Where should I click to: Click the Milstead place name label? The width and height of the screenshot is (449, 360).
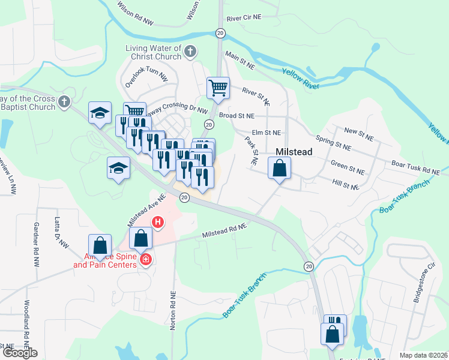coord(294,152)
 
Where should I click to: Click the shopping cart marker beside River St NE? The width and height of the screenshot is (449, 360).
coord(218,88)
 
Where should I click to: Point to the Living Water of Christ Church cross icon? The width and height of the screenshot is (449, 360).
coord(190,52)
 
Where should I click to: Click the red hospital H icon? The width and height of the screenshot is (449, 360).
coord(158,223)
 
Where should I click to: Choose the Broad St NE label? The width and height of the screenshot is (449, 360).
coord(237,116)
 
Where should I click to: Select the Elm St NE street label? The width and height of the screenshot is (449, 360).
coord(267,133)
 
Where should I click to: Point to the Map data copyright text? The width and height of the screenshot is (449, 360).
coord(423,355)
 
